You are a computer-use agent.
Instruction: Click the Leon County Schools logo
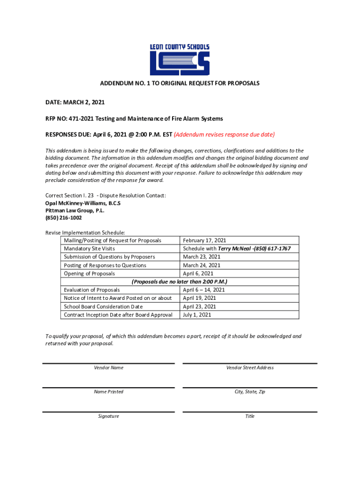coord(180,60)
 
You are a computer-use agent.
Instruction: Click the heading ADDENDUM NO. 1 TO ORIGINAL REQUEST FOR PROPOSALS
coord(180,83)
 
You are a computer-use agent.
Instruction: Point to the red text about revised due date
coord(224,135)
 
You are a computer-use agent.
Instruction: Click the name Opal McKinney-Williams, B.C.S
coord(83,203)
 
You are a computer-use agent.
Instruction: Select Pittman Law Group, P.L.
coord(75,210)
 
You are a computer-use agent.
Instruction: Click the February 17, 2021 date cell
coord(205,240)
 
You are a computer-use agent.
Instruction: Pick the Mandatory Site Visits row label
coord(89,249)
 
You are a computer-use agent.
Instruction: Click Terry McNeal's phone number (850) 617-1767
coord(273,249)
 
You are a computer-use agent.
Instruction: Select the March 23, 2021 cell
coord(202,257)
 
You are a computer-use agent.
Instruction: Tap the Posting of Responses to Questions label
coord(105,265)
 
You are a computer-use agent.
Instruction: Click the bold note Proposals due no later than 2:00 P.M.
coord(180,282)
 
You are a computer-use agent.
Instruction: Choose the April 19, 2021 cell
coord(200,298)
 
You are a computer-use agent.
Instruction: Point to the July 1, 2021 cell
coord(197,315)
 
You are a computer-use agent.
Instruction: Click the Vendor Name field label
coord(108,368)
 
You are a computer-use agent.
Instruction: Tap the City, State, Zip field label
coord(250,392)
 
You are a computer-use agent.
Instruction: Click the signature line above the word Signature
coord(108,412)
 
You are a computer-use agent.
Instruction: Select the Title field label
coord(250,416)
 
